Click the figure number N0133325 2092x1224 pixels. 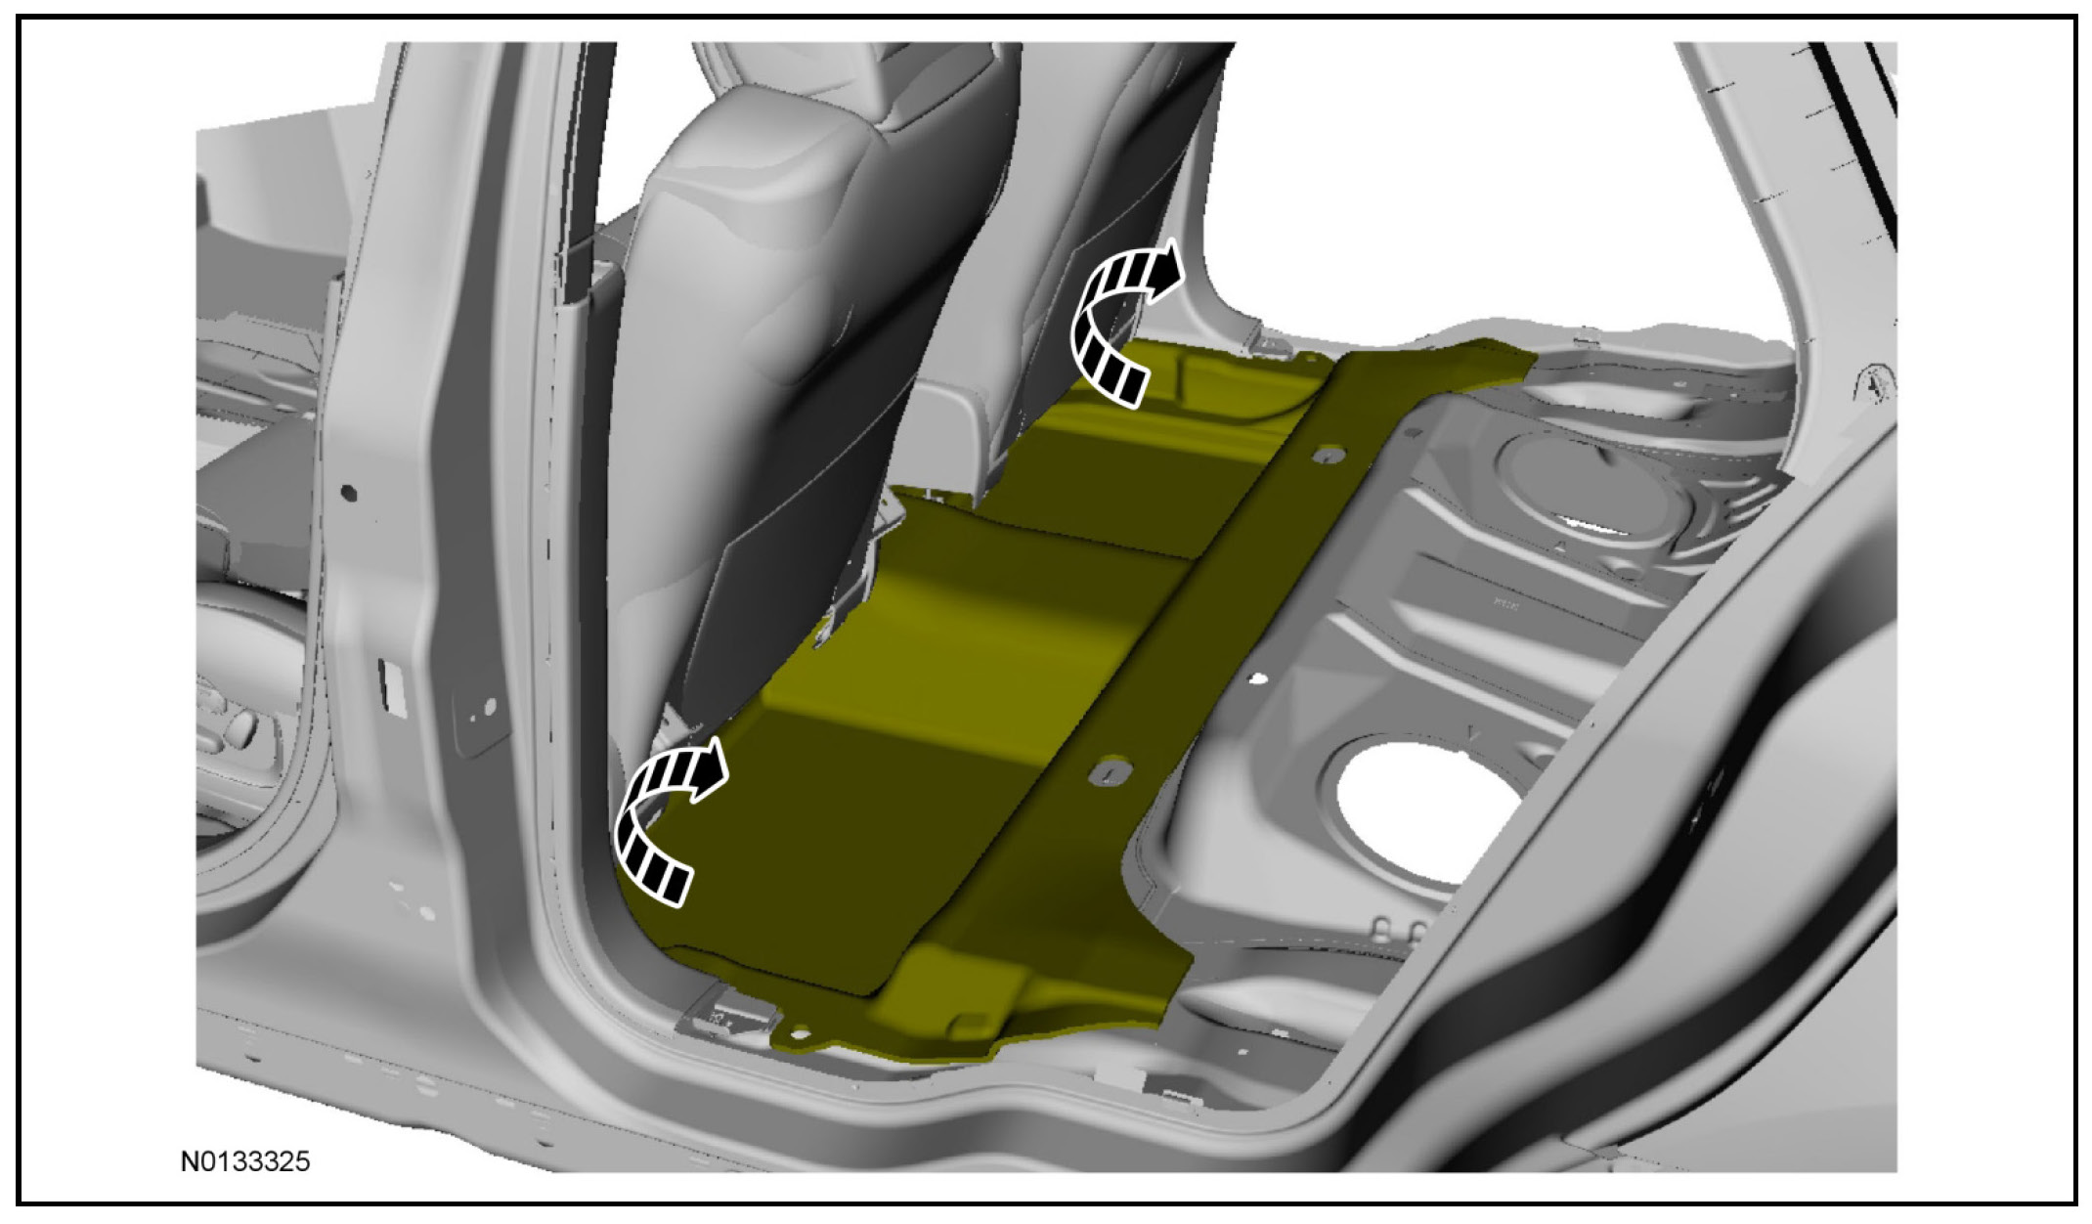click(x=245, y=1161)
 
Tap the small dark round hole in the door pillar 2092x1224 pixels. click(x=350, y=494)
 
